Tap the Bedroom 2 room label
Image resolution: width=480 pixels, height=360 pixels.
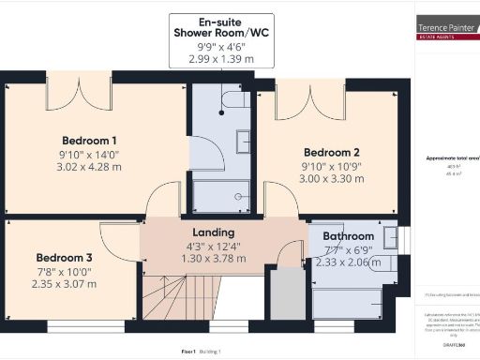pyautogui.click(x=333, y=151)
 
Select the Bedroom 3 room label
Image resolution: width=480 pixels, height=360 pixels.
pyautogui.click(x=65, y=258)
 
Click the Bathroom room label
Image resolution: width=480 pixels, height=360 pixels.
pyautogui.click(x=349, y=236)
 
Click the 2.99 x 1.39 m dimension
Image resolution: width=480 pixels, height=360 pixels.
pyautogui.click(x=222, y=57)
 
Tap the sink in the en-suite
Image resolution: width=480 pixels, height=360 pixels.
pyautogui.click(x=243, y=141)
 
